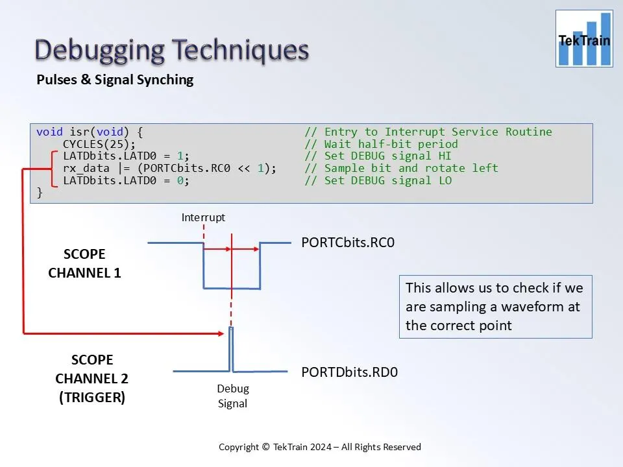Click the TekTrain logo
point(584,39)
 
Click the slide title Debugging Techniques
point(171,51)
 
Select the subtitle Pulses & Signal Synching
point(115,80)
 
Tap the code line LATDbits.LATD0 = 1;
point(126,156)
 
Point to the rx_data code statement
point(169,168)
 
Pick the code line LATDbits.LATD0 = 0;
point(126,180)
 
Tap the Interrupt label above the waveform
point(203,218)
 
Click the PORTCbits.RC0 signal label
point(348,243)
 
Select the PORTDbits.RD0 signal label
point(349,372)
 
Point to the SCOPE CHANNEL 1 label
point(84,263)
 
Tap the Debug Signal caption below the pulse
point(232,396)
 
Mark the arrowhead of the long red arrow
point(221,333)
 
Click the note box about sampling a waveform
point(495,307)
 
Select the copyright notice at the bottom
point(319,447)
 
